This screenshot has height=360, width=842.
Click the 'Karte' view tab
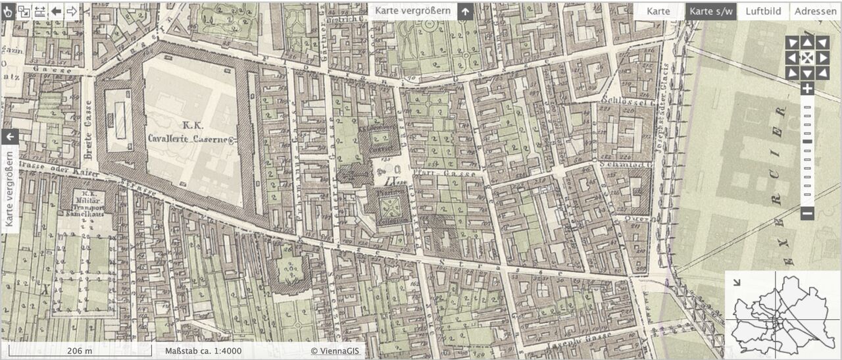658,11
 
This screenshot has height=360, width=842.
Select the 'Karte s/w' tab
711,11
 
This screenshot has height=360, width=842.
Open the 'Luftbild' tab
763,11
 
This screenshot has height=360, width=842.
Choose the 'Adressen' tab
816,11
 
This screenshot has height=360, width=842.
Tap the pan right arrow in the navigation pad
822,58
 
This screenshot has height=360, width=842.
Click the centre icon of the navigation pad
807,58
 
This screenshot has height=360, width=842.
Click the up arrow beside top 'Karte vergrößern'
466,11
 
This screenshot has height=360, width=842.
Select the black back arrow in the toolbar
56,11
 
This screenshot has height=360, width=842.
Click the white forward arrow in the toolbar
72,11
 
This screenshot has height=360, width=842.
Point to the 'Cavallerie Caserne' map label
191,140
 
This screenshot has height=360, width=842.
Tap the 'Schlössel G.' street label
625,101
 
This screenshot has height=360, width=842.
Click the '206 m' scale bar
80,351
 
